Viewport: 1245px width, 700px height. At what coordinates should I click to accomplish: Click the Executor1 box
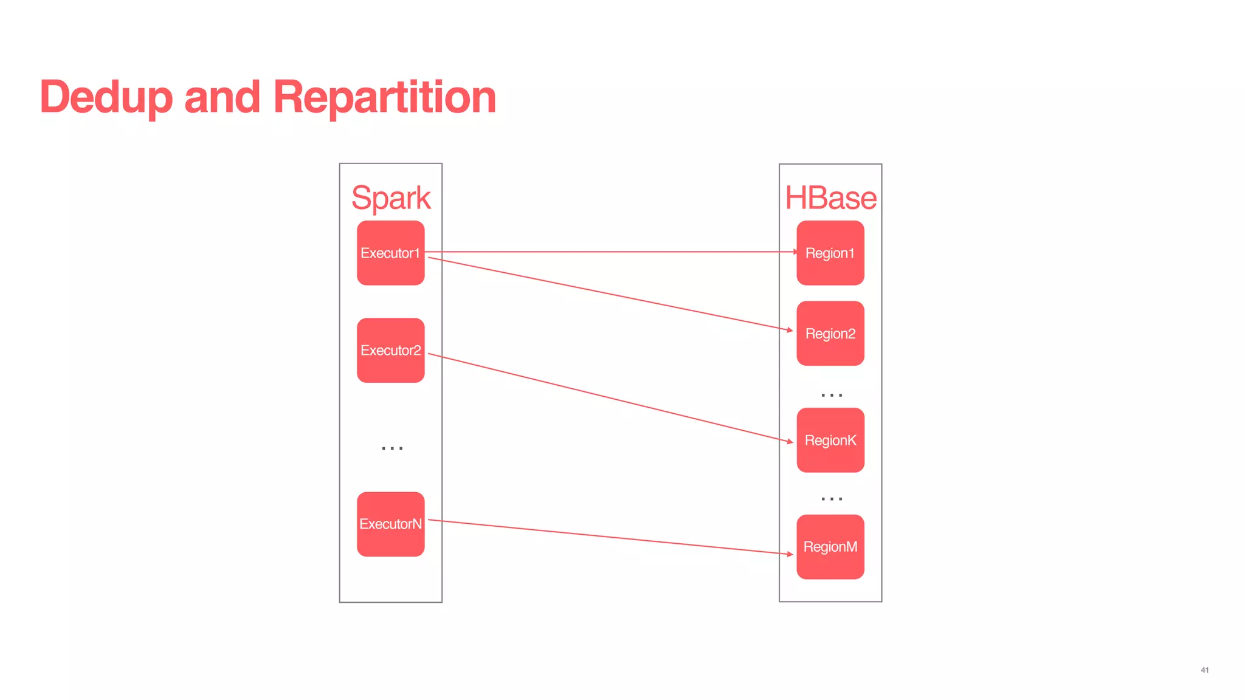[x=390, y=253]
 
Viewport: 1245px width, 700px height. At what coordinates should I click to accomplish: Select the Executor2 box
[x=390, y=350]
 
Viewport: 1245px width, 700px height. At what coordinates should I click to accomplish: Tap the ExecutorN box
[x=390, y=524]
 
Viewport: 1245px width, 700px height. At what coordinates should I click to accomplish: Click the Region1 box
[x=830, y=253]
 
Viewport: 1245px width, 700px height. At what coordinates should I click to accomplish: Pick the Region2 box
[x=830, y=333]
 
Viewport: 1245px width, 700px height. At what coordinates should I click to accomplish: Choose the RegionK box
[x=830, y=440]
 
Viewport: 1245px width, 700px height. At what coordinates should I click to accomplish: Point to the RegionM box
[x=830, y=546]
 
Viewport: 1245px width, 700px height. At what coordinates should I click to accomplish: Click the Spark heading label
[x=391, y=198]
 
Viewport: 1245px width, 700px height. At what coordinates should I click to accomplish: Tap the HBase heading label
[x=830, y=198]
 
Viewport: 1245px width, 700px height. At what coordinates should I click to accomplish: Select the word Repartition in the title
[x=384, y=97]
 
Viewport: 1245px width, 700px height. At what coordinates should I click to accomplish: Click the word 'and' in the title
[x=222, y=97]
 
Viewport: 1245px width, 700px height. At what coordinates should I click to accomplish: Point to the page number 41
[x=1204, y=670]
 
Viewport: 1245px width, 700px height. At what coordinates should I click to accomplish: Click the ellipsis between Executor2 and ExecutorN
[x=392, y=448]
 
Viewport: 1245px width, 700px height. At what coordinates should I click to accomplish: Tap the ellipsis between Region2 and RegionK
[x=832, y=395]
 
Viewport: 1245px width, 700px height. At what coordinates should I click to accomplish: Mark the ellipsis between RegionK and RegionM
[x=832, y=499]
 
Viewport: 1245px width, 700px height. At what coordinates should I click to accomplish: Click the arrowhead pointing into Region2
[x=790, y=330]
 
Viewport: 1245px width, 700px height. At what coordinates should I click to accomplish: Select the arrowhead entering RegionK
[x=790, y=441]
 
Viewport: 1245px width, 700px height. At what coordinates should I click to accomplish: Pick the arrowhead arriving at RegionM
[x=790, y=554]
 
